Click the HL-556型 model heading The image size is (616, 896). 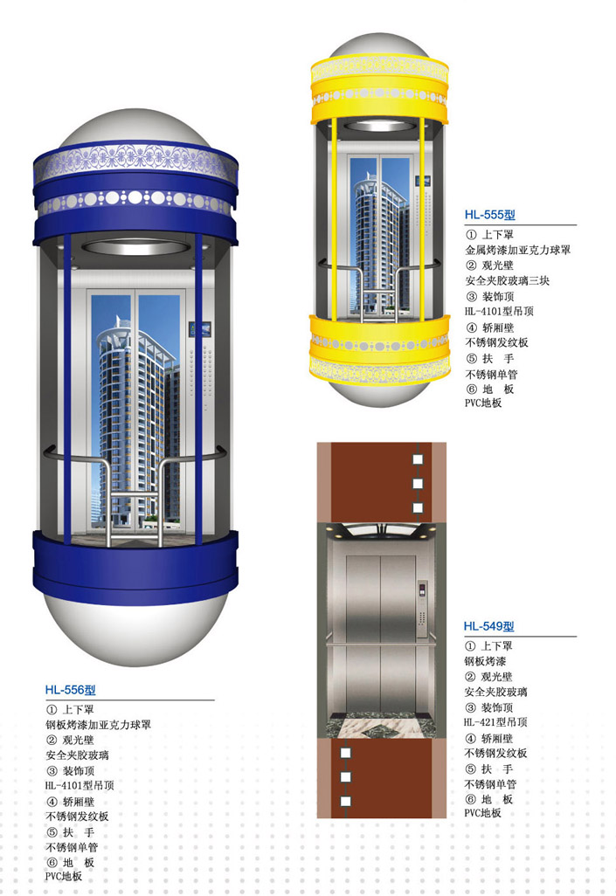click(71, 690)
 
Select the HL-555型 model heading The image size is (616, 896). click(489, 215)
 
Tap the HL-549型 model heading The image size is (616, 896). click(489, 626)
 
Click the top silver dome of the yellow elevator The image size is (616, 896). click(379, 44)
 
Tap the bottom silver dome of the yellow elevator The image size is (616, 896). click(379, 393)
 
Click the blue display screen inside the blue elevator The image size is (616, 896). click(199, 330)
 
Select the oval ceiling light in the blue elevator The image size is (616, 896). click(135, 247)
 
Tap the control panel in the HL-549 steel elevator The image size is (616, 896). click(421, 609)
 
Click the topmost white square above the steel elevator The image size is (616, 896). click(418, 459)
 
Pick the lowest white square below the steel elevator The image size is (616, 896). click(345, 801)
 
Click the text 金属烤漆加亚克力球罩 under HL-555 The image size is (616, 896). click(517, 250)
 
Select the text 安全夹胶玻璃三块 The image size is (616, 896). click(507, 280)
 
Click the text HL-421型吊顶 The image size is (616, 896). click(495, 722)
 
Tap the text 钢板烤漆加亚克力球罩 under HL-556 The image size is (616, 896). click(99, 725)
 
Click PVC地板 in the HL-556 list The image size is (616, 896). click(64, 876)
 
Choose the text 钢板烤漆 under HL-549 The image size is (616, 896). click(485, 661)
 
